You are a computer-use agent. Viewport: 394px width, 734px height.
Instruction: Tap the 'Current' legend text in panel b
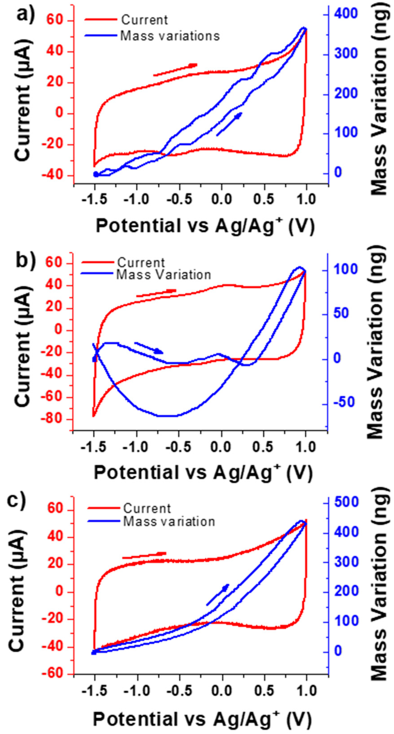pyautogui.click(x=141, y=262)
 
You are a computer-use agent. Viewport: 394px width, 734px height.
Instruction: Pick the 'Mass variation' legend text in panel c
pyautogui.click(x=169, y=522)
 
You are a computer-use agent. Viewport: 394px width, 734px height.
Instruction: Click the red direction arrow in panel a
pyautogui.click(x=175, y=70)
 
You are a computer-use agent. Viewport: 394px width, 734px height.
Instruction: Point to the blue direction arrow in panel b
pyautogui.click(x=149, y=348)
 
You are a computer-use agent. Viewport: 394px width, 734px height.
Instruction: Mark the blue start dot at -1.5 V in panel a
pyautogui.click(x=96, y=174)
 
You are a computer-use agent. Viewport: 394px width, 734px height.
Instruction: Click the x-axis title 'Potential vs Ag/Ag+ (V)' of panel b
pyautogui.click(x=203, y=472)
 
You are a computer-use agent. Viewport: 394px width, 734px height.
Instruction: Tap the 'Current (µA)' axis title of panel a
pyautogui.click(x=23, y=98)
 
